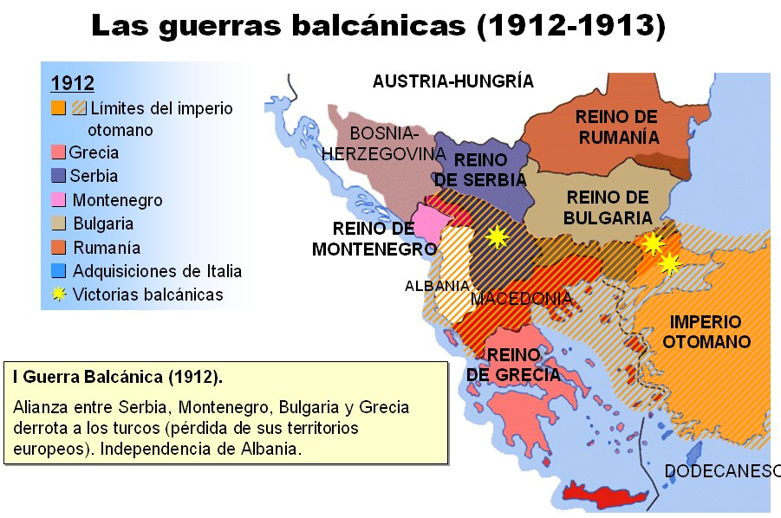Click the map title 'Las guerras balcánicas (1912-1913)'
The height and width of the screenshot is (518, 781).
378,26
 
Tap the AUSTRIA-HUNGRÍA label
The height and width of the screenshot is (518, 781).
452,81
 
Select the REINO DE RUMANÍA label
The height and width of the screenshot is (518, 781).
619,126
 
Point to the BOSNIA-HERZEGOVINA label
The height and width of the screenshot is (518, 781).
383,144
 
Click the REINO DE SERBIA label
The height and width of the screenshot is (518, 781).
480,170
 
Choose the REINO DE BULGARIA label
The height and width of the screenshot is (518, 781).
607,208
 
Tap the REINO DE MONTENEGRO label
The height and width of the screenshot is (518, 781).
374,239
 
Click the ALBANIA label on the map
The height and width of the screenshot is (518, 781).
436,286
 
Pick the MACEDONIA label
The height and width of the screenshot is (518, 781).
521,299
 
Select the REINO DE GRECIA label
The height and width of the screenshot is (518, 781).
512,365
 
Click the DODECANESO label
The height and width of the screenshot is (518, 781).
722,471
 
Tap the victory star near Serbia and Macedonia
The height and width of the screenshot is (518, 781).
497,237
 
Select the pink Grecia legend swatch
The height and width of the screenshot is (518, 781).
57,153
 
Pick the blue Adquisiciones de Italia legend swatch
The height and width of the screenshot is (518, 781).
57,271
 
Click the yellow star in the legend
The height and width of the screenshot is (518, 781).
59,295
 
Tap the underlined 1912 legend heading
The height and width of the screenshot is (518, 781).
73,83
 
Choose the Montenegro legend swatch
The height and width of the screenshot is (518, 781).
57,200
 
